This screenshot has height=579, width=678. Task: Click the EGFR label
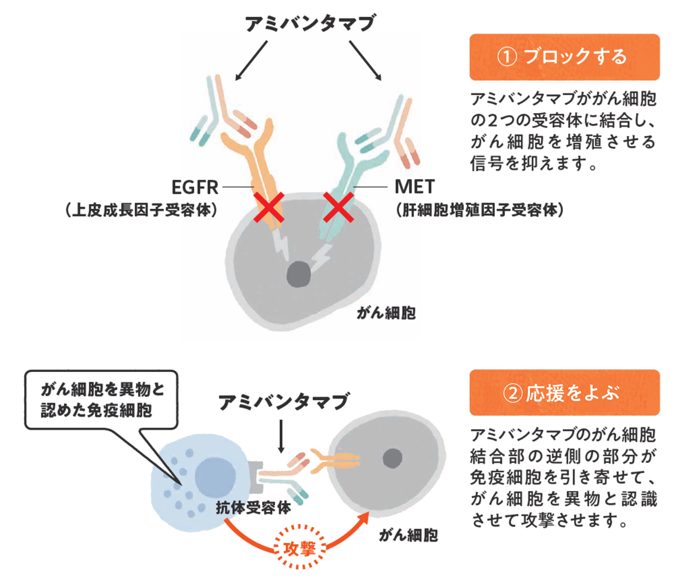(x=195, y=187)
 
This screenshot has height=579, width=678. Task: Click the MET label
(x=415, y=187)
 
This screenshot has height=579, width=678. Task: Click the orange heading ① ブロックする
(x=564, y=57)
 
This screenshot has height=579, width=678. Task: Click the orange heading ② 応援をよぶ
(x=564, y=393)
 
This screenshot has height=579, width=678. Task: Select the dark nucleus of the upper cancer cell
(x=298, y=274)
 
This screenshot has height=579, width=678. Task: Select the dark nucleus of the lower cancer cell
(x=392, y=458)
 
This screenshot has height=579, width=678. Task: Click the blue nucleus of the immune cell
(x=216, y=476)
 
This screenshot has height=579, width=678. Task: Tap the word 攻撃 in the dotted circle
(x=299, y=549)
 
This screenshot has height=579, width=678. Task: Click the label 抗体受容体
(x=253, y=507)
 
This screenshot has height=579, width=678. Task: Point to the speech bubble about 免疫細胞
(x=102, y=400)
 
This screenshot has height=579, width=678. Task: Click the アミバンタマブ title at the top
(x=310, y=23)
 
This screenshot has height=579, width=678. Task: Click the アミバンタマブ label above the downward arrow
(x=283, y=402)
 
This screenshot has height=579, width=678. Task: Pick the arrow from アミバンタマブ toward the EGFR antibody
(x=251, y=60)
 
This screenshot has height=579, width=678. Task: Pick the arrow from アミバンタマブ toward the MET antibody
(x=365, y=60)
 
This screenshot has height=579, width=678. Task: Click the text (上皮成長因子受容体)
(x=141, y=210)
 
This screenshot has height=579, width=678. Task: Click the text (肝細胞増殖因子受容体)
(x=479, y=210)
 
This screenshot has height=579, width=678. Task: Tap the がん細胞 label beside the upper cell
(x=386, y=313)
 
